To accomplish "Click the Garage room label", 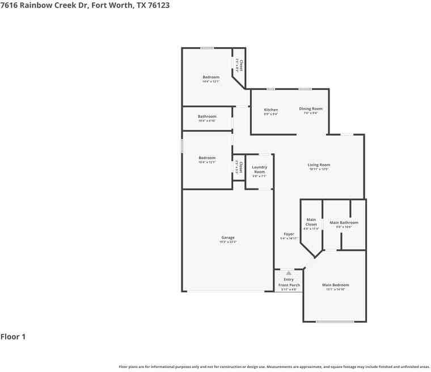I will (227, 238).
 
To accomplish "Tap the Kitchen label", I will (271, 110).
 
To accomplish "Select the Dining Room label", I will (311, 108).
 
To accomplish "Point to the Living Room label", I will (319, 165).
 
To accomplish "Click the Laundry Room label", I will (260, 169).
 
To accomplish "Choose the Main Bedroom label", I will (335, 285).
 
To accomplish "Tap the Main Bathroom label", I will (344, 223).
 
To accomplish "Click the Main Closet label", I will (311, 222).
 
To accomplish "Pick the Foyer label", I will (289, 234).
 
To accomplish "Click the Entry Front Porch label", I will (289, 282).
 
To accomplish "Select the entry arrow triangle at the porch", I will (289, 273).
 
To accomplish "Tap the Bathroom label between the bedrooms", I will (207, 116).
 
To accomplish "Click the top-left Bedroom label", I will (211, 77).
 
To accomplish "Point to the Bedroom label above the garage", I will (207, 158).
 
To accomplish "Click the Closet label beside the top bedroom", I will (241, 65).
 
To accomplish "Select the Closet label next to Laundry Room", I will (240, 167).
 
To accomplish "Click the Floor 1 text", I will (13, 337).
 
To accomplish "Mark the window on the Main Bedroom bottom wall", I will (335, 322).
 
